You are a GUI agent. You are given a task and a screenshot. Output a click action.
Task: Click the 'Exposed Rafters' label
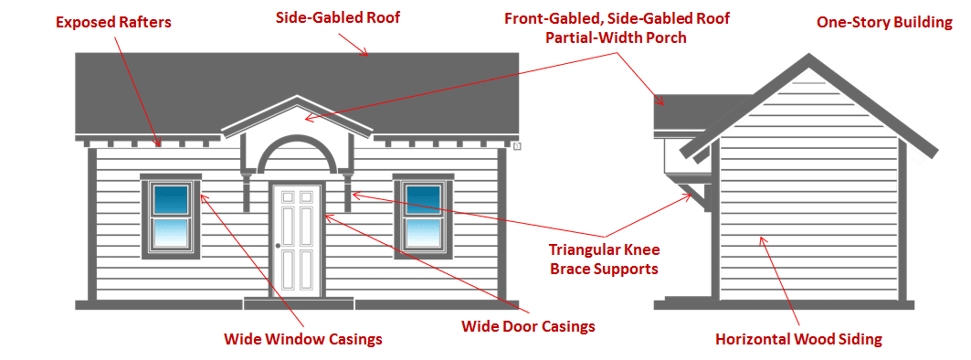[x=113, y=22]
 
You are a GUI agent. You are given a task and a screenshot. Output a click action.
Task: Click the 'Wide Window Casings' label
[x=302, y=339]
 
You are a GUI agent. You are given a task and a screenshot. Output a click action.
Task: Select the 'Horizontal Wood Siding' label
[x=797, y=339]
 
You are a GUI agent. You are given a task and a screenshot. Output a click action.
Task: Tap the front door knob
[x=277, y=247]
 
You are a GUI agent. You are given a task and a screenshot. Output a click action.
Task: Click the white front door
[x=297, y=239]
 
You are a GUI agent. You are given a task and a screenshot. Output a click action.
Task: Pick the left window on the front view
[x=171, y=216]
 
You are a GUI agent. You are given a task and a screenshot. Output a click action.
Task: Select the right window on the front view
[x=423, y=216]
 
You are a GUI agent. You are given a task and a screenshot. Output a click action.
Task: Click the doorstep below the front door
[x=297, y=302]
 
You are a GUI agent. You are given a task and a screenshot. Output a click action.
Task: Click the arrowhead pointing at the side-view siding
[x=763, y=239]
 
